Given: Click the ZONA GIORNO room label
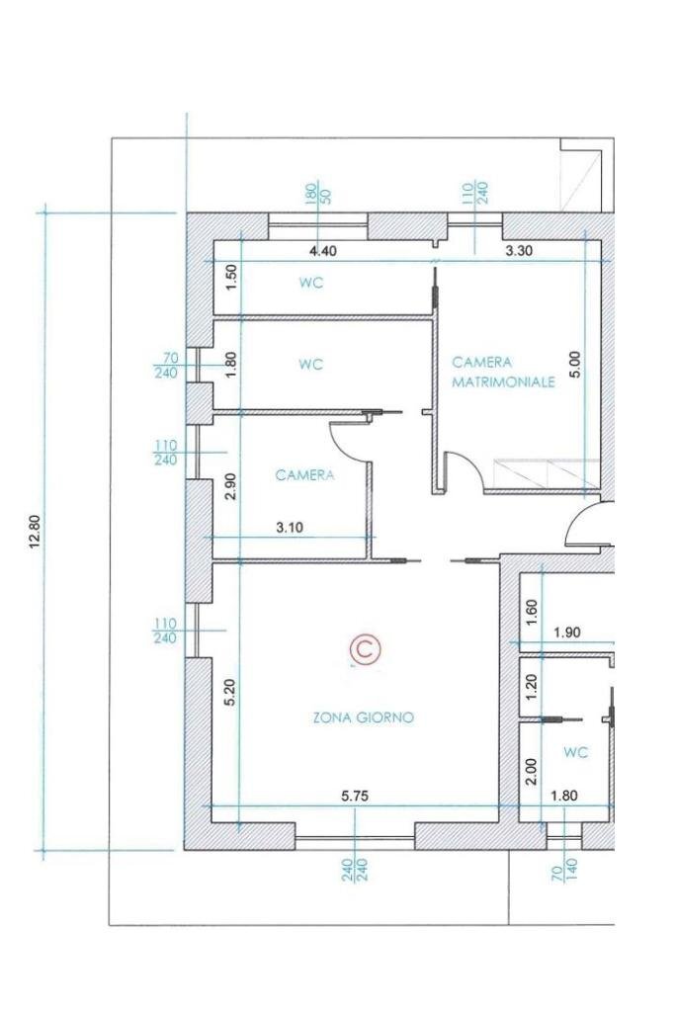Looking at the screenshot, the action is (x=363, y=716).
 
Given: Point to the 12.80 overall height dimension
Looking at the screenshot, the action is (x=35, y=532).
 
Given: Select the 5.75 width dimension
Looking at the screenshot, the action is (x=355, y=797).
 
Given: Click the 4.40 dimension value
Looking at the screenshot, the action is (x=323, y=251).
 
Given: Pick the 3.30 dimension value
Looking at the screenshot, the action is (x=519, y=251).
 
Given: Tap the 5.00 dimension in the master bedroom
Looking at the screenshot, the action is (x=576, y=364).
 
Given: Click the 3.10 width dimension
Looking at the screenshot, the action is (x=290, y=528).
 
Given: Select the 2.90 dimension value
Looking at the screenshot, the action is (x=231, y=486).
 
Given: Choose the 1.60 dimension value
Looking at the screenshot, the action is (x=532, y=612).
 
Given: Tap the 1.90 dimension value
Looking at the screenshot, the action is (x=567, y=632).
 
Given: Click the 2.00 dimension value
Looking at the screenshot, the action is (x=532, y=771).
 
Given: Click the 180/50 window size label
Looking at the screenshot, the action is (x=318, y=194).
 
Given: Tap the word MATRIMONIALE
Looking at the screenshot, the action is (x=503, y=382).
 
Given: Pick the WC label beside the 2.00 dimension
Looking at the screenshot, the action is (x=576, y=752).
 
